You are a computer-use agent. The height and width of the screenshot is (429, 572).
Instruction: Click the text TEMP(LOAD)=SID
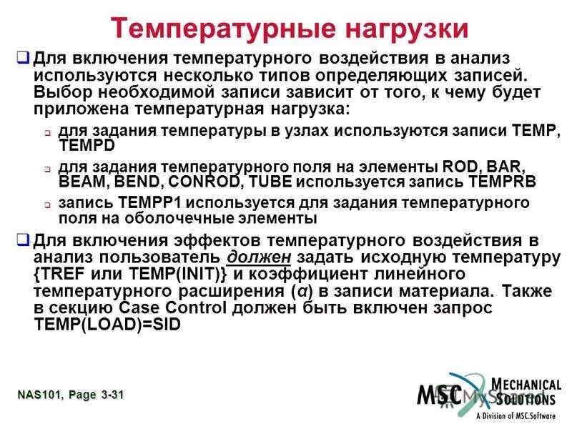pos(107,323)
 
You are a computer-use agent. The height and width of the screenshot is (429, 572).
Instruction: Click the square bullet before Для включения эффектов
pos(22,240)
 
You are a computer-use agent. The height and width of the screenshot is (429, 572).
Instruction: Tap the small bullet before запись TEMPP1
pos(46,204)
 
